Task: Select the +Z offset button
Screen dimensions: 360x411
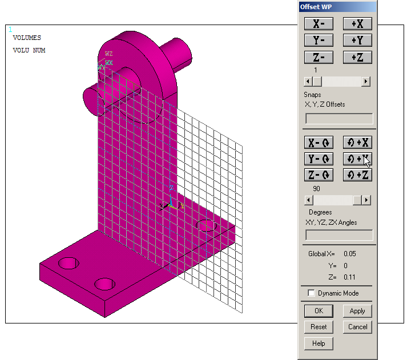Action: point(357,57)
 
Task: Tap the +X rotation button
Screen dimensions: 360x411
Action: point(357,143)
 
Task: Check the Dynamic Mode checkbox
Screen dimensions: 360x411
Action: point(312,293)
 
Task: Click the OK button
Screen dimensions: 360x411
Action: point(319,311)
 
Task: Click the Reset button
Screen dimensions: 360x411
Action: point(319,327)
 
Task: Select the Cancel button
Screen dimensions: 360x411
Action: point(357,327)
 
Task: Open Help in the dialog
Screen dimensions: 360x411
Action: point(319,343)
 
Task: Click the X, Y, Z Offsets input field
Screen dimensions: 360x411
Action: point(339,119)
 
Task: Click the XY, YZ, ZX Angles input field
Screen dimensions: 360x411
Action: point(339,235)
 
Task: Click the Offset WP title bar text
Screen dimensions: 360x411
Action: point(318,7)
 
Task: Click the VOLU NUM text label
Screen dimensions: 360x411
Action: point(29,51)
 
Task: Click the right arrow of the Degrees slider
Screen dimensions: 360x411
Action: point(366,200)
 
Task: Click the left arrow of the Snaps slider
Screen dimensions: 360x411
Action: point(309,82)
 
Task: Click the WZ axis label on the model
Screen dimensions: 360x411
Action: point(109,54)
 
